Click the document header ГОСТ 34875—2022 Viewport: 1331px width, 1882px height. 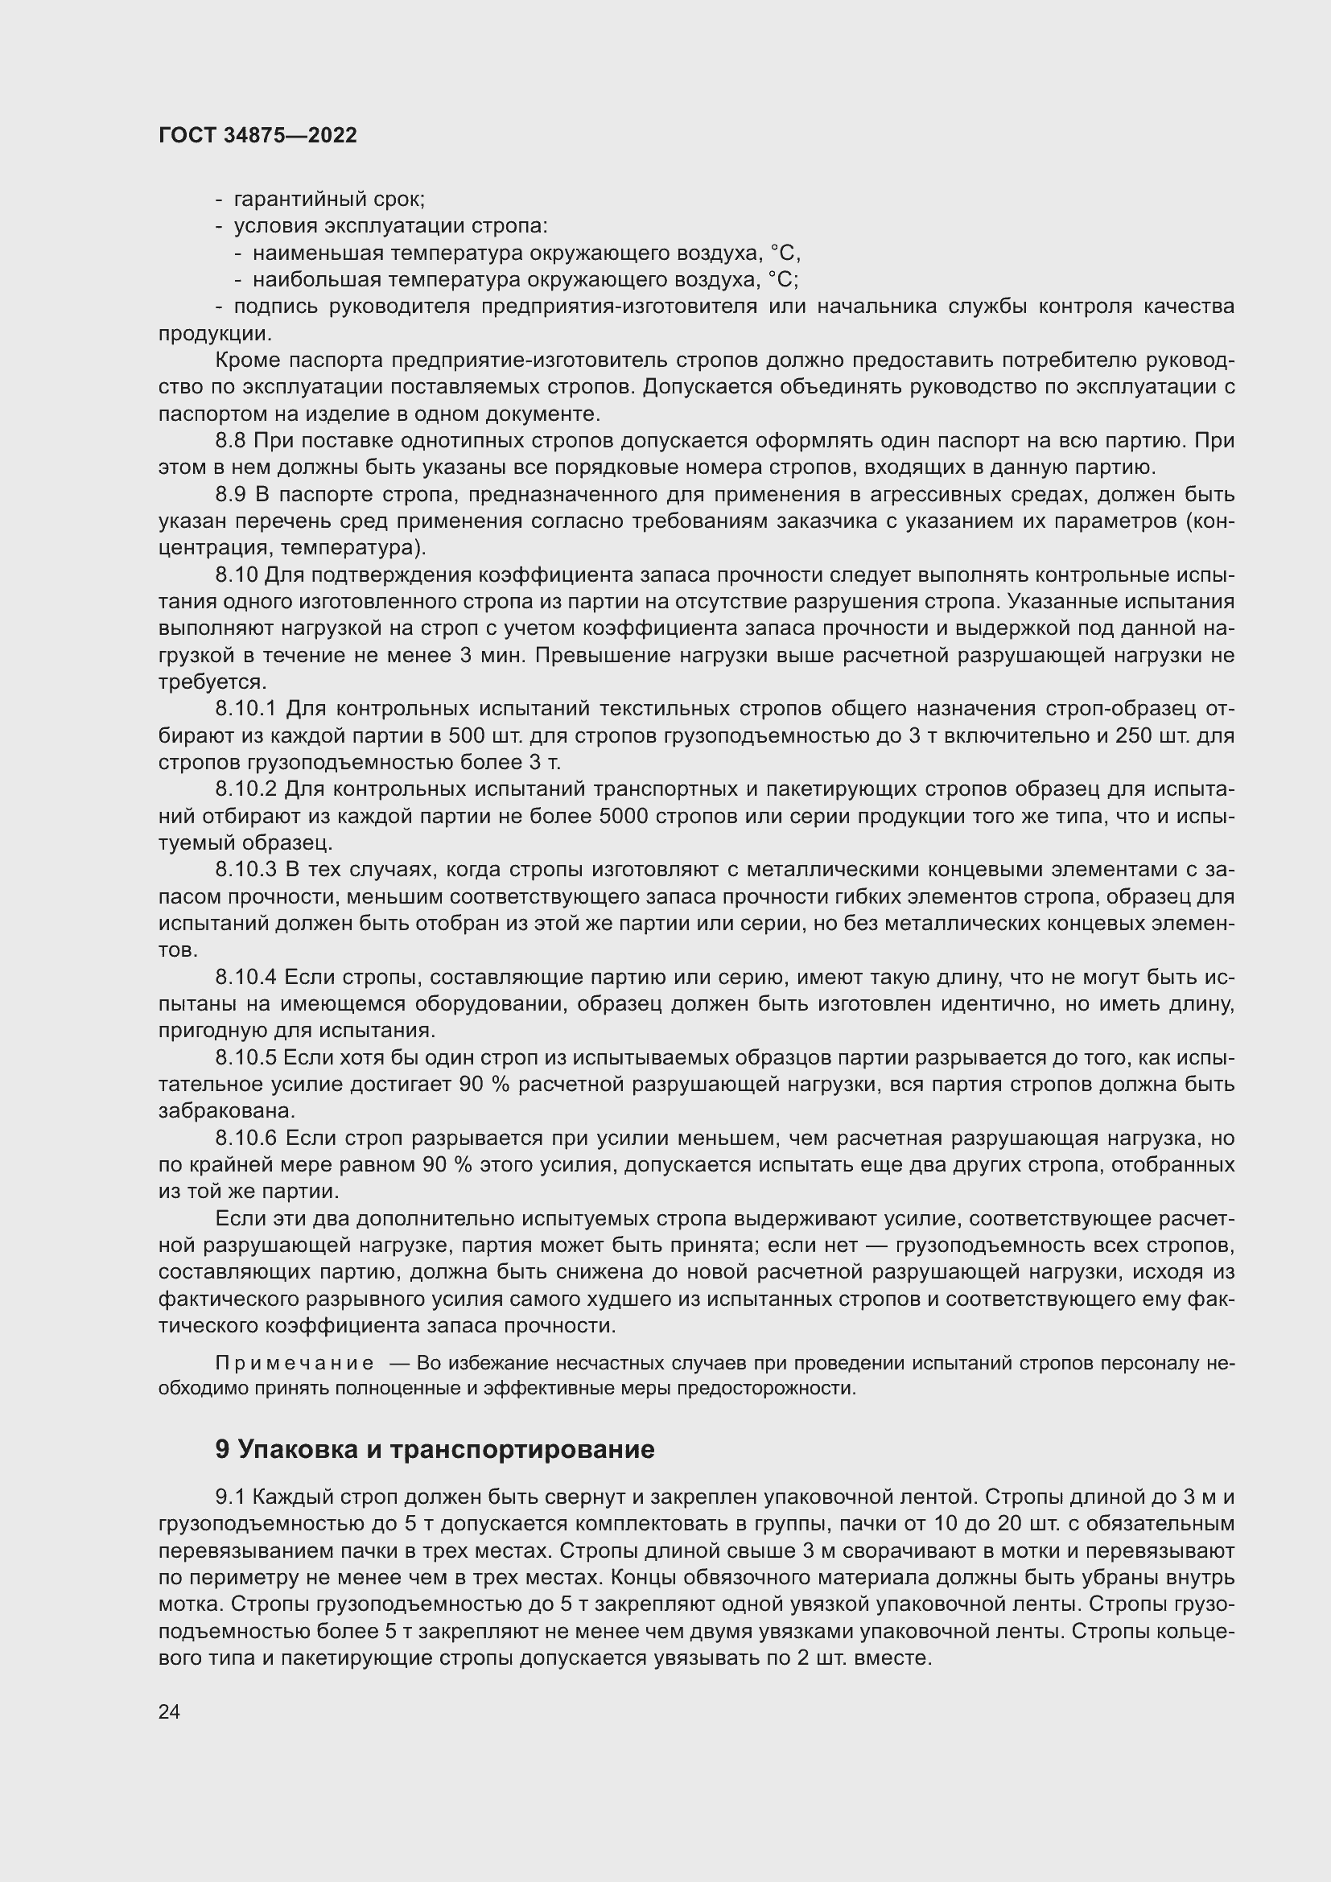(x=258, y=136)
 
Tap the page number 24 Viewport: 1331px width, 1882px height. (x=169, y=1711)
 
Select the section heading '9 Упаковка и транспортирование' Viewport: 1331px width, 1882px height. (x=435, y=1449)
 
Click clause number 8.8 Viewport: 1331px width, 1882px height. (x=230, y=441)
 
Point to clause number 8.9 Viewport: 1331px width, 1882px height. (x=230, y=495)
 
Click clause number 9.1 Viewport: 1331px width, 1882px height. (x=230, y=1497)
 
